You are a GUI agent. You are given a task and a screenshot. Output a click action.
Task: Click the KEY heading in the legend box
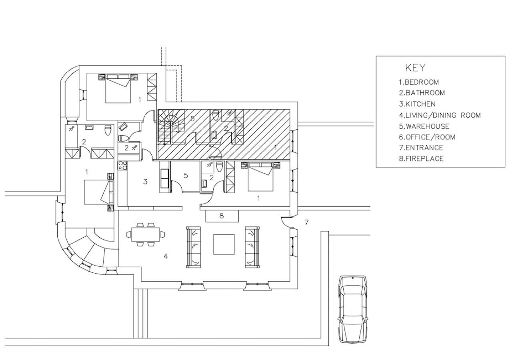(x=416, y=67)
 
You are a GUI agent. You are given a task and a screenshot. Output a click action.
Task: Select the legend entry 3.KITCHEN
(x=417, y=104)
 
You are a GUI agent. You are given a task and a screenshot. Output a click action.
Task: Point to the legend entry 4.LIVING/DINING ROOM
(x=439, y=115)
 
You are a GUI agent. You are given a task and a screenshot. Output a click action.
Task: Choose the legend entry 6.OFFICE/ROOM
(x=427, y=137)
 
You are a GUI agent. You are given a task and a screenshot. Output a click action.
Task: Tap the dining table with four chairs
(x=145, y=234)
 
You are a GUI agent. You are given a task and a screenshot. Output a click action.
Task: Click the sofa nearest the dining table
(x=194, y=247)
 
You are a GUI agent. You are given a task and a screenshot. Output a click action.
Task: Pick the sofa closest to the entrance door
(x=252, y=247)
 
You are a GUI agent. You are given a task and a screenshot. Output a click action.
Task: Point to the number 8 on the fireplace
(x=222, y=216)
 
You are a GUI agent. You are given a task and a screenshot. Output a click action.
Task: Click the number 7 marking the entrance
(x=306, y=222)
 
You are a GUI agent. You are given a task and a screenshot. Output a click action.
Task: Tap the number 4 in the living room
(x=165, y=256)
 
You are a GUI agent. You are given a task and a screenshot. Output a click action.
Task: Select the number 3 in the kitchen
(x=145, y=182)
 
